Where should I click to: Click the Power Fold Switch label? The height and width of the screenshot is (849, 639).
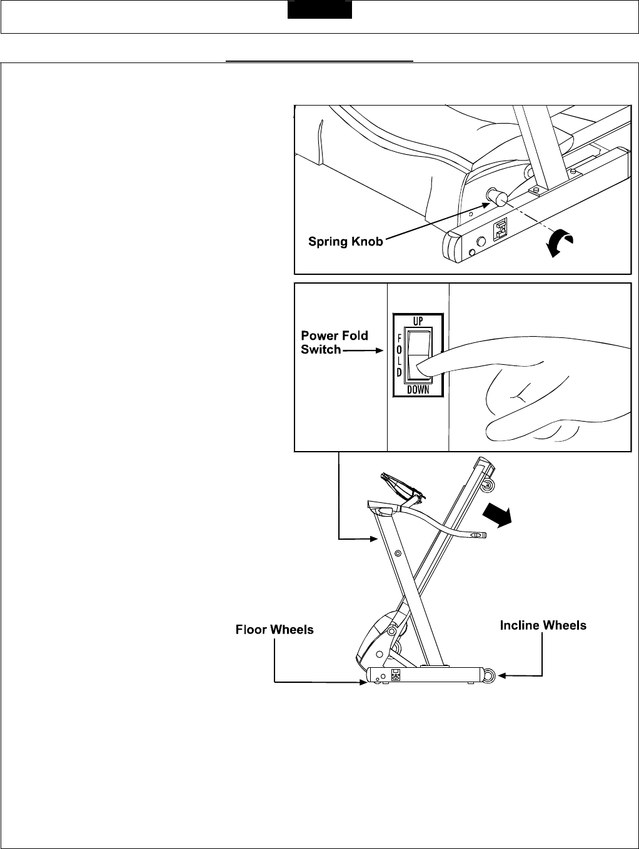[335, 342]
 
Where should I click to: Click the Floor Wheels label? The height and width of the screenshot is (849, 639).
[274, 630]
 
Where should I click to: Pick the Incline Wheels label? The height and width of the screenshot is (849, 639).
[543, 625]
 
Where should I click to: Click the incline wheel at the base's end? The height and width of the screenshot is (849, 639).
[489, 675]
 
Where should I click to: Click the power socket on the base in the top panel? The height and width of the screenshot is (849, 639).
[501, 231]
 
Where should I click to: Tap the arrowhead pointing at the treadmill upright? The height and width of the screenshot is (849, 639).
[375, 537]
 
